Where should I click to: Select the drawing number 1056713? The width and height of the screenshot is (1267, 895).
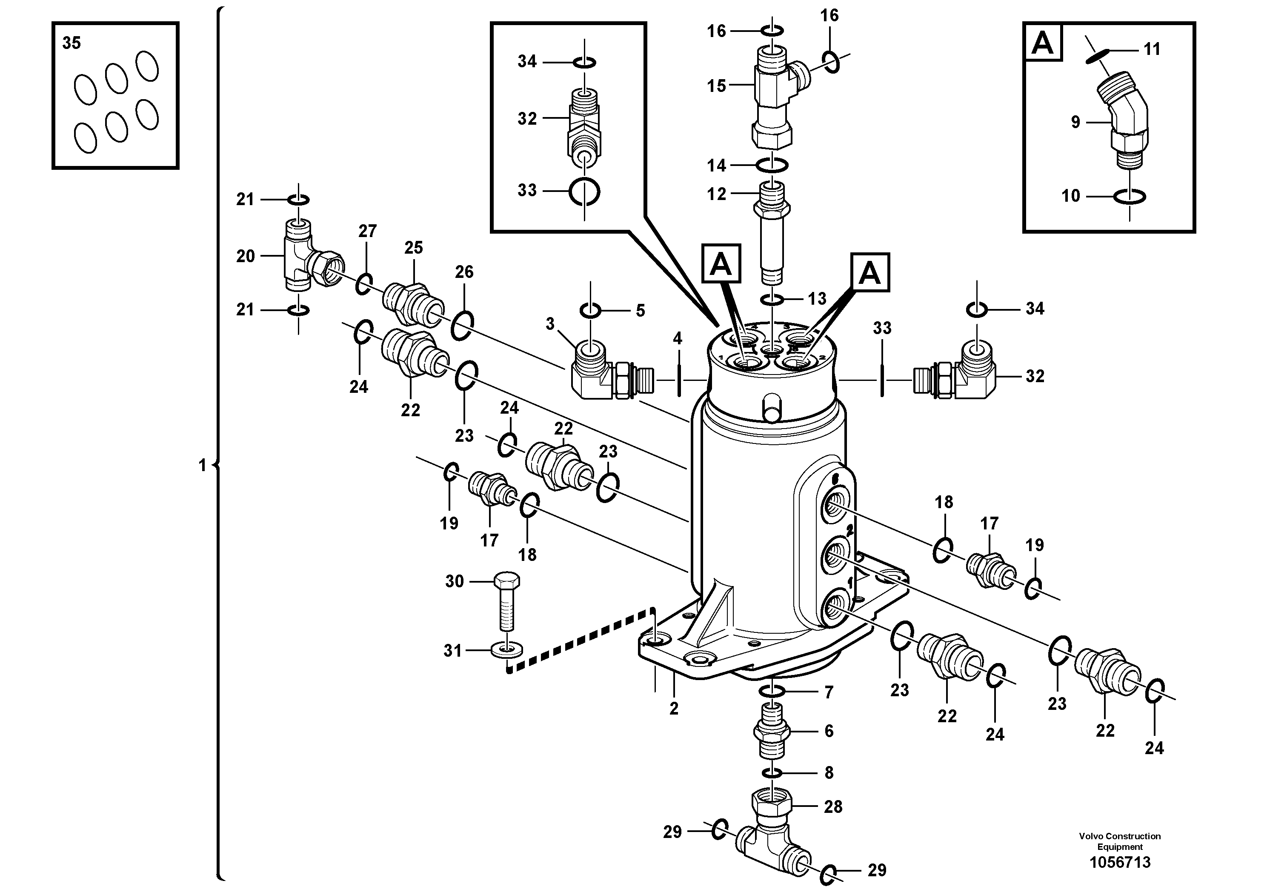point(1120,862)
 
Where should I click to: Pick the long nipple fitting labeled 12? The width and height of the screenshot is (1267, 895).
point(772,232)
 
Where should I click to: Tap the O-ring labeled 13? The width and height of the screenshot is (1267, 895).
point(772,300)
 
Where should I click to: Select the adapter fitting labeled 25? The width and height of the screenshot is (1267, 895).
point(413,305)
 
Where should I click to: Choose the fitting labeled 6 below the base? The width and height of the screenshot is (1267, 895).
point(772,731)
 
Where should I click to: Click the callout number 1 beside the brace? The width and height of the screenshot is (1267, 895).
point(202,466)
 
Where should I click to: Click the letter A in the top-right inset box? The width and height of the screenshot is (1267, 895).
point(1042,43)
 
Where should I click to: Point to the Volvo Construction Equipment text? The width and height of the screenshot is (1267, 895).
point(1120,841)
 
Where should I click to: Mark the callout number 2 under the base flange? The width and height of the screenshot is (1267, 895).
point(674,709)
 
